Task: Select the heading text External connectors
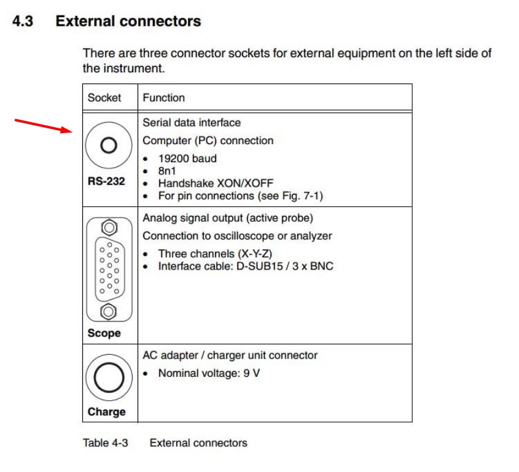coord(128,21)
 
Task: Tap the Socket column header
coord(104,98)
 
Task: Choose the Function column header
coord(163,98)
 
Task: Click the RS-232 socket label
coord(106,182)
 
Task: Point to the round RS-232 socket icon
coord(109,146)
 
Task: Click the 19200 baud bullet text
coord(187,158)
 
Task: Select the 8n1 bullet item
coord(167,170)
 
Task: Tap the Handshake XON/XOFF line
coord(216,183)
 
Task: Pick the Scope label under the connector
coord(104,333)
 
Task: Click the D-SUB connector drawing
coord(109,269)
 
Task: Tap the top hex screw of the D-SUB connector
coord(109,228)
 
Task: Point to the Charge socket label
coord(106,412)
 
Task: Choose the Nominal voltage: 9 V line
coord(209,373)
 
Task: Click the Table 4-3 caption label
coord(105,443)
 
